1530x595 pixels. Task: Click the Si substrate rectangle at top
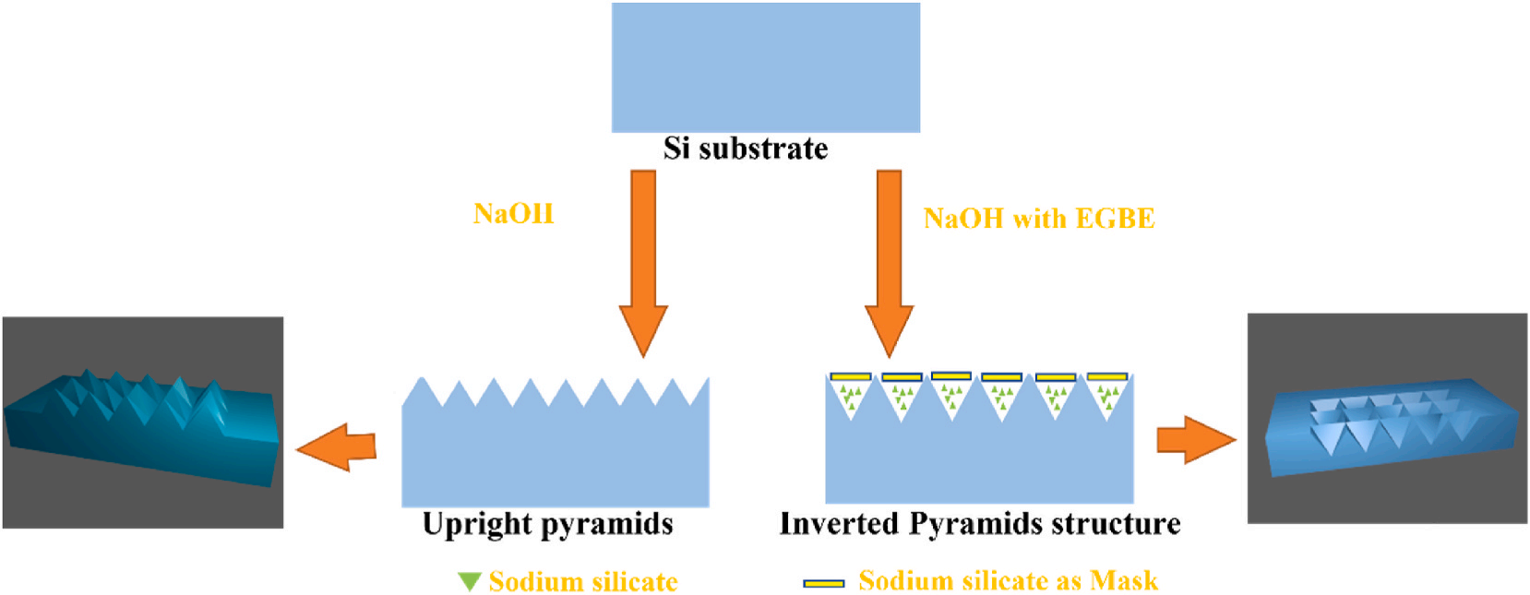point(765,66)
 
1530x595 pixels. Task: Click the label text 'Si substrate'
point(746,149)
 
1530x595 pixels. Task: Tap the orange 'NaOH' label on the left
point(513,214)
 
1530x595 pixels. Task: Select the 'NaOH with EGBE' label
point(1039,219)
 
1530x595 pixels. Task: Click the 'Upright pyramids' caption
point(548,524)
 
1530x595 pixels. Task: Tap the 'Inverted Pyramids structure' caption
point(980,524)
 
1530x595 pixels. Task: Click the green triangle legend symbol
point(470,581)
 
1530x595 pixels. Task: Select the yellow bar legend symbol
point(823,583)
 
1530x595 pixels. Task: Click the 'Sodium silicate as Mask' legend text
point(1008,580)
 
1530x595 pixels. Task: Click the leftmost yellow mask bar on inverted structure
point(850,376)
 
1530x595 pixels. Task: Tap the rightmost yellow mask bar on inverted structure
point(1107,376)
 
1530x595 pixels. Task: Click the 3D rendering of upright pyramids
point(143,422)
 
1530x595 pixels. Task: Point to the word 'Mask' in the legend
point(1123,580)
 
